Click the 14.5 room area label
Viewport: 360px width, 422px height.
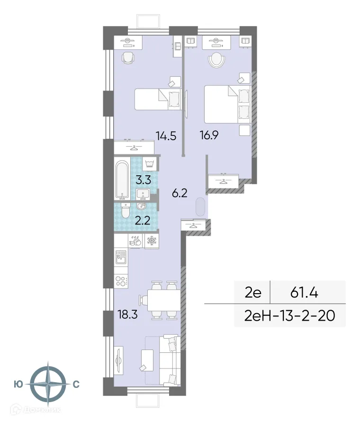click(166, 136)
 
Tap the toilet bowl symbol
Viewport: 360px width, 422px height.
click(125, 212)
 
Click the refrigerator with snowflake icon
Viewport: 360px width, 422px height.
click(152, 241)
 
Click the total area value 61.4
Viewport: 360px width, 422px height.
click(304, 292)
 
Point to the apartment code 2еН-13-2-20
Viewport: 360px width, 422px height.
click(289, 315)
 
